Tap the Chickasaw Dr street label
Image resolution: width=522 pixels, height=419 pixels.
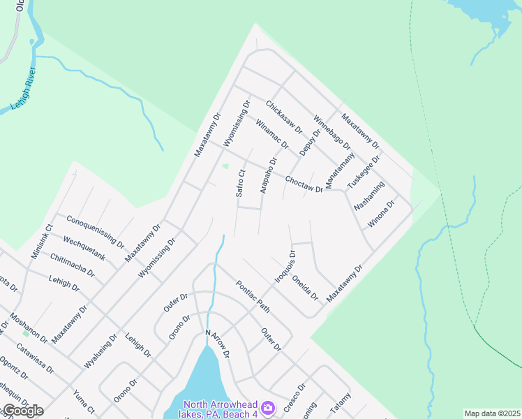coord(284,116)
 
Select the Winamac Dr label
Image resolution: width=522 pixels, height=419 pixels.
coord(272,133)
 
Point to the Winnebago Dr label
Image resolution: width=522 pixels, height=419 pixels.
coord(331,132)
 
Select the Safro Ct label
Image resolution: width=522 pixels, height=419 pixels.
coord(240,184)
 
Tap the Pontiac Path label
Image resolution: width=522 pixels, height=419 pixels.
coord(253,296)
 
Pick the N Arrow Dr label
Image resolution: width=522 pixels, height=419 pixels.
coord(217,344)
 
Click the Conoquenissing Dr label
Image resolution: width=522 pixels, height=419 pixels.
coord(96,232)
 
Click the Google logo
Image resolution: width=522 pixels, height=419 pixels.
coord(22,411)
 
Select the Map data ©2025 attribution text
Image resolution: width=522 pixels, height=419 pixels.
coord(492,413)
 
